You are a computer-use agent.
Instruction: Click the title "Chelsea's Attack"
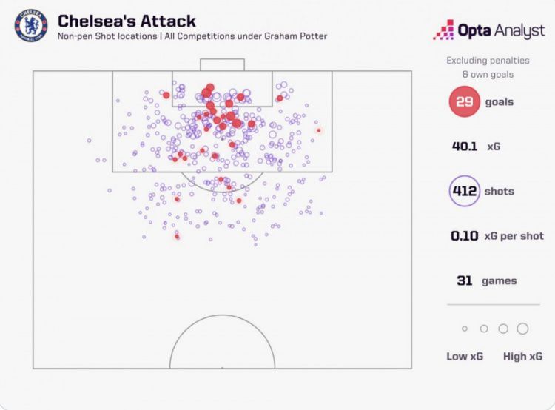click(127, 21)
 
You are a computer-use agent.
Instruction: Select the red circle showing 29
click(464, 102)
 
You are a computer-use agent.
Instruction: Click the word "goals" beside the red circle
click(499, 102)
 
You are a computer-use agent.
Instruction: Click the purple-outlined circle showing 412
click(464, 192)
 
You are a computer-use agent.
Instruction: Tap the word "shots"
click(499, 192)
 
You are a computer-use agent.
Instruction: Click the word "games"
click(500, 280)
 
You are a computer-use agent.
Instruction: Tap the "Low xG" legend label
click(465, 356)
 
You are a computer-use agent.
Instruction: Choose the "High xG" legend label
click(523, 356)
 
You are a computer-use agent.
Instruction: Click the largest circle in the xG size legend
click(522, 329)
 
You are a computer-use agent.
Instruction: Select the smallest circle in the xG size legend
click(465, 329)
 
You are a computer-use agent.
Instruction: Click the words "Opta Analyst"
click(502, 30)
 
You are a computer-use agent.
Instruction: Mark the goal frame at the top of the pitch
click(222, 64)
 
